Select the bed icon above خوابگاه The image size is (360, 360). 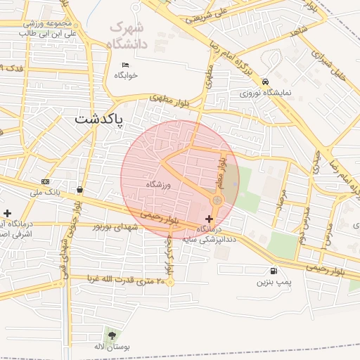click(x=126, y=65)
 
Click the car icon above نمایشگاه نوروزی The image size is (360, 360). click(x=265, y=82)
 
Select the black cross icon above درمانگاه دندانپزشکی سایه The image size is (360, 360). click(x=209, y=219)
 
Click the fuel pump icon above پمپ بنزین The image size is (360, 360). click(x=273, y=271)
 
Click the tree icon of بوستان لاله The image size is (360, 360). click(x=112, y=334)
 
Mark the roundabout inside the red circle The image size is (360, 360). click(x=217, y=201)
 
